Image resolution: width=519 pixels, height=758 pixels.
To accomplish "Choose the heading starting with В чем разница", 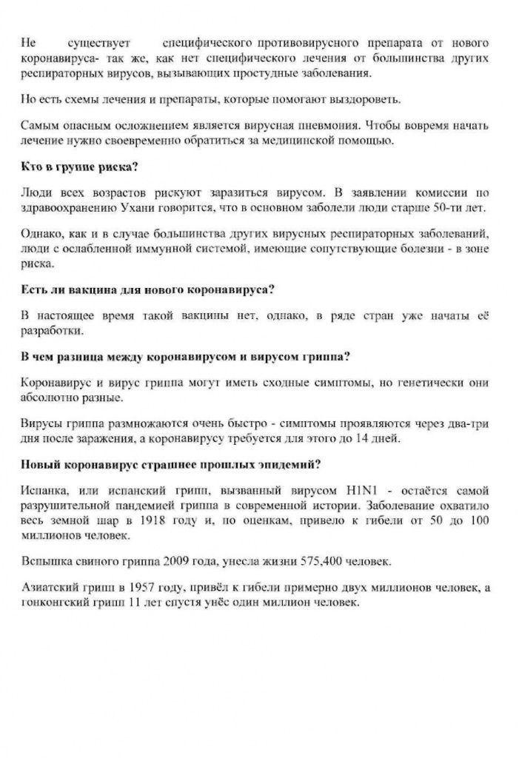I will [185, 355].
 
